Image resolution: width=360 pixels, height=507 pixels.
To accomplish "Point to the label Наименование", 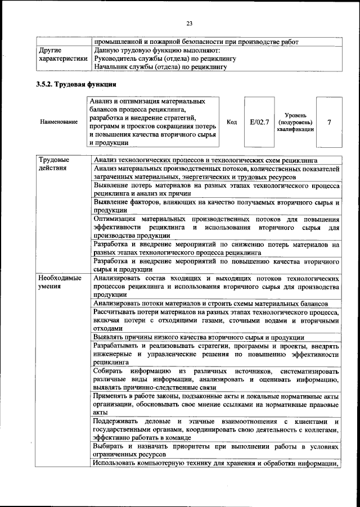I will click(x=59, y=122).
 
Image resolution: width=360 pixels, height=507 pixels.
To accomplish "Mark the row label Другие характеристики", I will click(x=62, y=54).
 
